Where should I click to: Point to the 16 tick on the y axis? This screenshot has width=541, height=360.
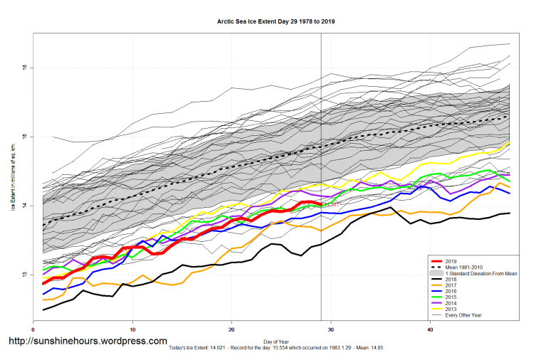[24, 68]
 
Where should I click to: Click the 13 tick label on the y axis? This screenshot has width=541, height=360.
[24, 275]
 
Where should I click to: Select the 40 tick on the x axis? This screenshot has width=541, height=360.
[430, 329]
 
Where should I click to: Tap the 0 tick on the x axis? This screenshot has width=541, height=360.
[33, 329]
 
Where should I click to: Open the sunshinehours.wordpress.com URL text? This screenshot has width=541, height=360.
[87, 342]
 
